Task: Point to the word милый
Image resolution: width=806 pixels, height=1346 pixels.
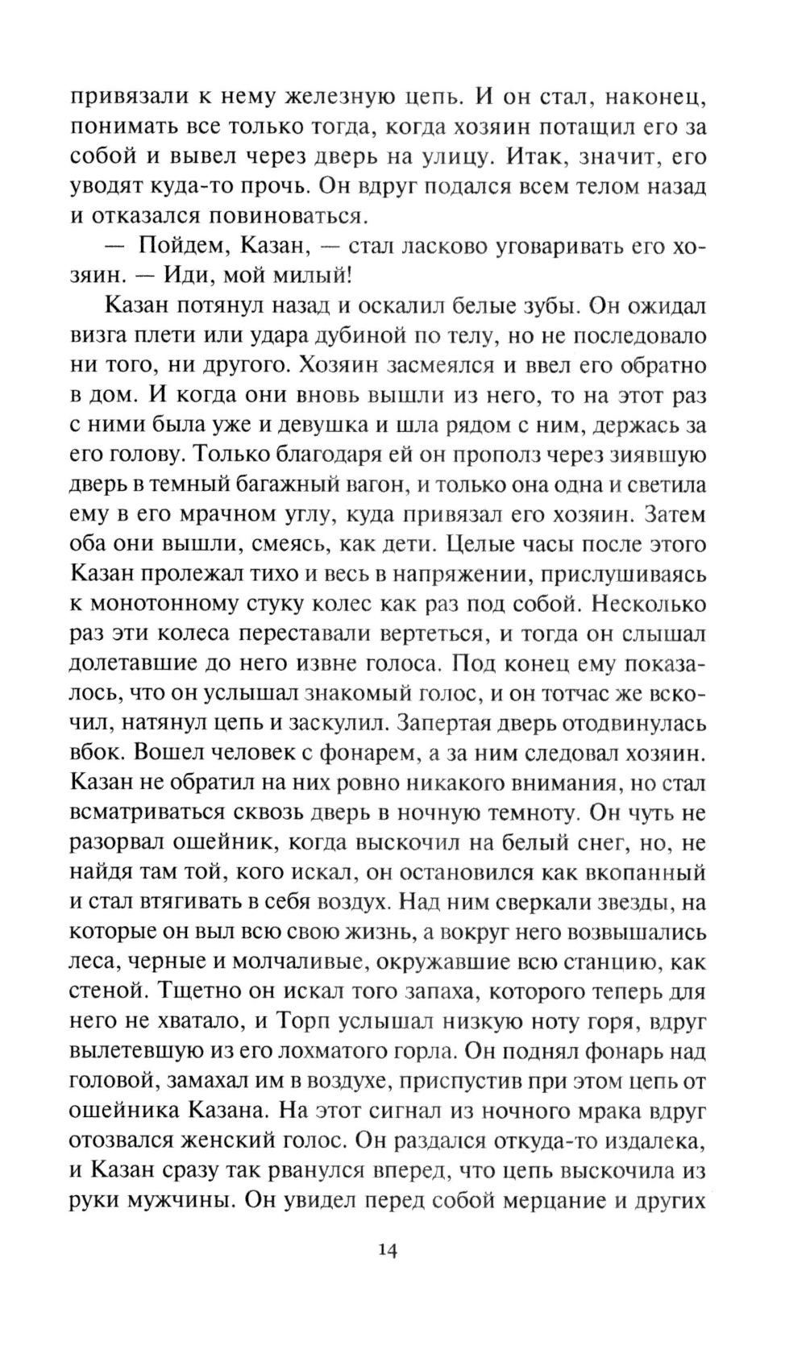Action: (x=305, y=276)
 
